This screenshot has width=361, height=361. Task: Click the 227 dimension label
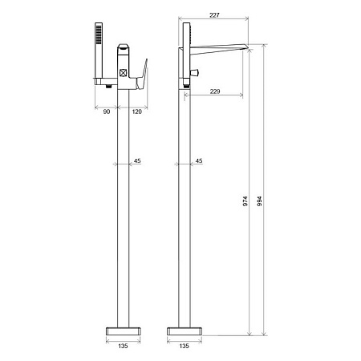click(x=214, y=15)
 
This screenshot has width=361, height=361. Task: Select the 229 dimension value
click(x=215, y=91)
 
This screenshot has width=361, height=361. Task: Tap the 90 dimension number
click(x=107, y=112)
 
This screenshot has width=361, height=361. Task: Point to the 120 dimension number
click(x=136, y=112)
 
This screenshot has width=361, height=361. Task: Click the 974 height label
click(x=245, y=201)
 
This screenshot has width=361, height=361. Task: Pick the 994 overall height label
click(x=259, y=201)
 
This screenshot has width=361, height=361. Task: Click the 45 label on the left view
click(x=137, y=160)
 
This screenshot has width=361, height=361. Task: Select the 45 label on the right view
click(x=199, y=160)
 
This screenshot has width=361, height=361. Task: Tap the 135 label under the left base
click(x=123, y=346)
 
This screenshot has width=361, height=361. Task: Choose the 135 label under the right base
click(x=184, y=346)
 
